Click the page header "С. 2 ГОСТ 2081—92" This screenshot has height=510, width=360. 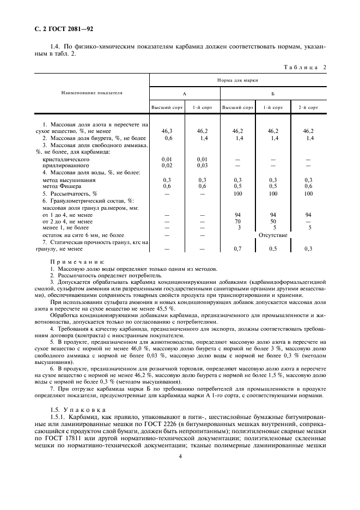[60, 29]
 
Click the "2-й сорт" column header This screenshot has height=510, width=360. [308, 108]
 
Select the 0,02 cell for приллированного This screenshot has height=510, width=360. [167, 165]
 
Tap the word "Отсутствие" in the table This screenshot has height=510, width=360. [273, 235]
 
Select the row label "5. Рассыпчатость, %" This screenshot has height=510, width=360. [69, 193]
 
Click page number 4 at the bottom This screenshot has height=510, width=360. [180, 458]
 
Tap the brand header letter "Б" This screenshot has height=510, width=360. [272, 94]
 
